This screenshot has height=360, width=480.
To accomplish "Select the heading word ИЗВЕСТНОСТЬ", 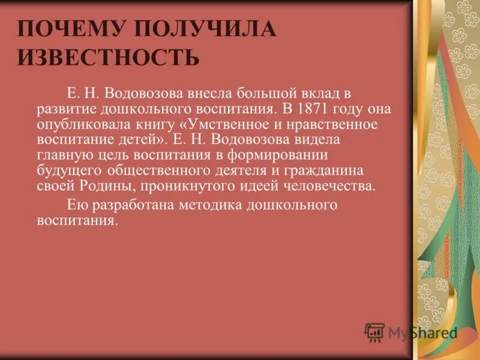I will coord(107,58).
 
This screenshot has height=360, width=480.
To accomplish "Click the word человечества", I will coord(329,186).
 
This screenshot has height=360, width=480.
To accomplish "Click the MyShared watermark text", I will coord(422,332).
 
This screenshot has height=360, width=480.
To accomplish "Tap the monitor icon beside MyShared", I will coord(374,332).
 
